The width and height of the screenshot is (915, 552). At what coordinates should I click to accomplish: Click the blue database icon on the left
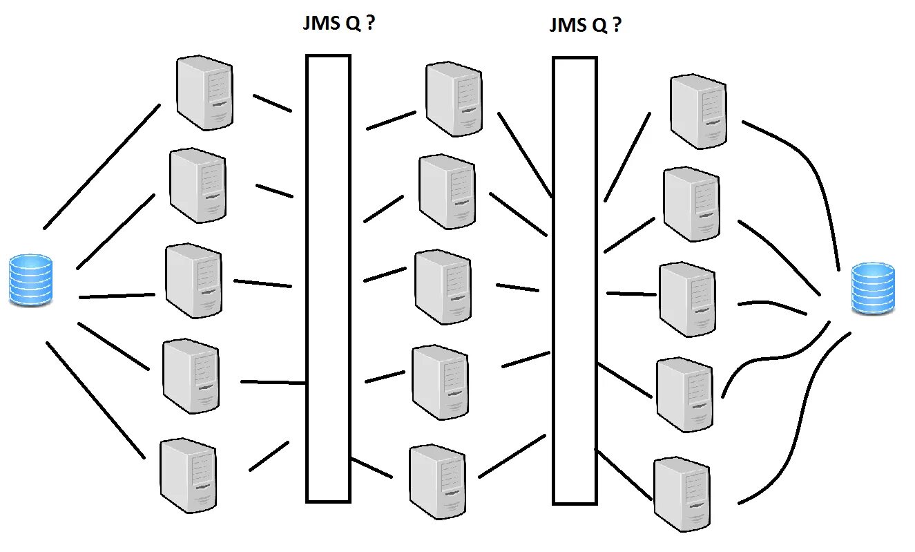tap(30, 280)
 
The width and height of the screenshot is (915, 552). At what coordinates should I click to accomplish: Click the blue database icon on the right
tap(872, 288)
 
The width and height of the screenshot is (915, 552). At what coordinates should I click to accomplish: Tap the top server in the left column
tap(204, 93)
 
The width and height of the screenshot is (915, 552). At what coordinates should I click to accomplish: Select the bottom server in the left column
tap(188, 475)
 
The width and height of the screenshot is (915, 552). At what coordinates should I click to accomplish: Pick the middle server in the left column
tap(194, 280)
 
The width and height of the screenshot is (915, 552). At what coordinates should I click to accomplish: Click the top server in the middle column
tap(454, 98)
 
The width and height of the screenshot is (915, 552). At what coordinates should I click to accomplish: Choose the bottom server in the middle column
tap(436, 482)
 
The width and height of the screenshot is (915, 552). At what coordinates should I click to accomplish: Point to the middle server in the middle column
tap(443, 287)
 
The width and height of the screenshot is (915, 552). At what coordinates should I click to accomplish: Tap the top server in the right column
tap(699, 111)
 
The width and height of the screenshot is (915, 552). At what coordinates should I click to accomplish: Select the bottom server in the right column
tap(682, 493)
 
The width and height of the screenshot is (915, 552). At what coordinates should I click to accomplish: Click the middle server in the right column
tap(687, 299)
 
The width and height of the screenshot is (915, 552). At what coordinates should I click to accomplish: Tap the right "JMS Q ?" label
tap(585, 26)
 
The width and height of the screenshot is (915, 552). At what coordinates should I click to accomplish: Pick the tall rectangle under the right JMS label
tap(575, 280)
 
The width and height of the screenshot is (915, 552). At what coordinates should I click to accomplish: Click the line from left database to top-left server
tap(102, 166)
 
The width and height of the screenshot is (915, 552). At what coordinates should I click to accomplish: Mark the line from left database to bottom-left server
tap(95, 399)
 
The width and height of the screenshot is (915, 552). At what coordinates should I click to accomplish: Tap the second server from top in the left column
tap(198, 185)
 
